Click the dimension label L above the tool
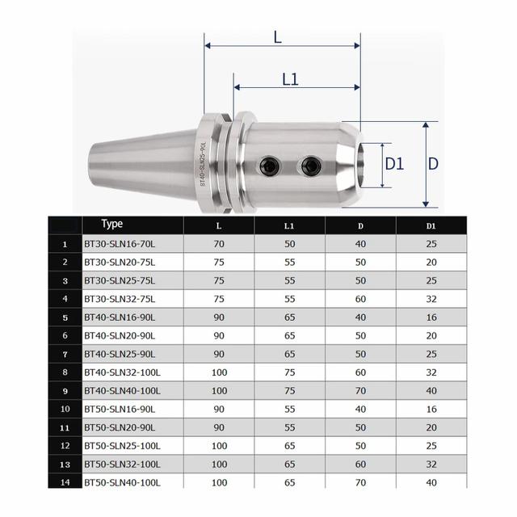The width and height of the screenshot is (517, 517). point(277,36)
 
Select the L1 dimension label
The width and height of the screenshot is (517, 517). point(291,78)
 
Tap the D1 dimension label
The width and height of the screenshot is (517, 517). point(394,164)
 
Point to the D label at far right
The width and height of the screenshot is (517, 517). point(433,164)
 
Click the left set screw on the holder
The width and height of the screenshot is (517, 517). point(267,166)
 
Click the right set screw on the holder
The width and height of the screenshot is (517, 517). point(310,166)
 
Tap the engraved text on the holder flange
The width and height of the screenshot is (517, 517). point(203,165)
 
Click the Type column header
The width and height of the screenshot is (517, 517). point(113,224)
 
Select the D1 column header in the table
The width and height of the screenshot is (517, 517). point(432,225)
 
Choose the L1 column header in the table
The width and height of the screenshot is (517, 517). point(289,225)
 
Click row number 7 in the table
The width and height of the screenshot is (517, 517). point(64,354)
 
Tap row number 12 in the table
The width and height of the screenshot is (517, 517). point(64,446)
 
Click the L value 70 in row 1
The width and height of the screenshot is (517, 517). point(218,243)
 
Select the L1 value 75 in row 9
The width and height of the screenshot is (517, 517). point(289,391)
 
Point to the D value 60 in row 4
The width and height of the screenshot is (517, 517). point(360,298)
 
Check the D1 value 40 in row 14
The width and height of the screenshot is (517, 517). point(432,482)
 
